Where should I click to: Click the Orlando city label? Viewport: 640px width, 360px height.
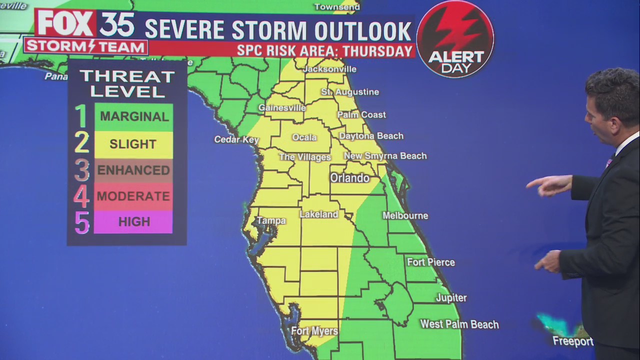[x=349, y=177]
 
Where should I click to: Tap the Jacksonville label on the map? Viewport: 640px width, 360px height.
[x=329, y=69]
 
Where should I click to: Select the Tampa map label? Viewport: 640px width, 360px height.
[x=271, y=220]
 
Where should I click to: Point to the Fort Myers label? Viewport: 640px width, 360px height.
[x=314, y=331]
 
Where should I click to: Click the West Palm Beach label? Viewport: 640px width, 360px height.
[x=459, y=324]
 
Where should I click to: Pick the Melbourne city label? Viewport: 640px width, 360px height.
[x=405, y=215]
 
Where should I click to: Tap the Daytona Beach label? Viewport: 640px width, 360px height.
[x=371, y=136]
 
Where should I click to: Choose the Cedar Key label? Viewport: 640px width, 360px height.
[x=236, y=139]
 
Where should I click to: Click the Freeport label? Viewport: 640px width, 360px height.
[x=572, y=341]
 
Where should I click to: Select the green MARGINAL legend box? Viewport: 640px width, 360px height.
[x=133, y=117]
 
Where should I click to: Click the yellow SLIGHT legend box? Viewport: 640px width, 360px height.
[x=133, y=144]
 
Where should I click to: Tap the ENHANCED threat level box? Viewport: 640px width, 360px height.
[x=133, y=170]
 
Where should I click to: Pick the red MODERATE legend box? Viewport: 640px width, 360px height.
[x=133, y=195]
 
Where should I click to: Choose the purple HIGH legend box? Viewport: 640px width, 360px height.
[x=133, y=222]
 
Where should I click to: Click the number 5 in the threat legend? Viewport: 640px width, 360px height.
[x=82, y=222]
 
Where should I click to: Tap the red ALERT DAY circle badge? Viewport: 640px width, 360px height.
[x=455, y=39]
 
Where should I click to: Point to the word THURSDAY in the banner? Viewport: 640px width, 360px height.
[x=381, y=51]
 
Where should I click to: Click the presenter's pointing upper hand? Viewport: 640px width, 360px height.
[x=550, y=184]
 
